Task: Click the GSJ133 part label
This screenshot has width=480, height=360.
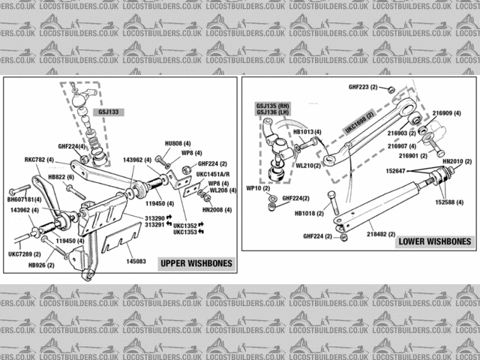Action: tap(108, 112)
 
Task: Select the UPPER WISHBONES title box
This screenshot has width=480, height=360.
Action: tap(195, 263)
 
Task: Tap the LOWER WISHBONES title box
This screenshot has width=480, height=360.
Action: tap(435, 241)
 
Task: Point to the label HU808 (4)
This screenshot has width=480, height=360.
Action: tap(178, 143)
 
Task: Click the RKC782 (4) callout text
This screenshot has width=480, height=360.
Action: tap(39, 160)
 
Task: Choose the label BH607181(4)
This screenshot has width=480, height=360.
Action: tap(25, 200)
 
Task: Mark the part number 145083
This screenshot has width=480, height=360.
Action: tap(136, 261)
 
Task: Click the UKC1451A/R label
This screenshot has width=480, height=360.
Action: tap(213, 174)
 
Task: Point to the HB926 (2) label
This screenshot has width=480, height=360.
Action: tap(41, 265)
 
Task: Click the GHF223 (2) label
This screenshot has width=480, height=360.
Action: tap(363, 87)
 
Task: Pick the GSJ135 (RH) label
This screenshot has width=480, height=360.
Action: tap(272, 106)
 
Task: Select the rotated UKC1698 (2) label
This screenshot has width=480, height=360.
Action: tap(358, 121)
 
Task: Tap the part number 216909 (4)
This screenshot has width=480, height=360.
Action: tap(447, 113)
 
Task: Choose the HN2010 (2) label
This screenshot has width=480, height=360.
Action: tap(456, 161)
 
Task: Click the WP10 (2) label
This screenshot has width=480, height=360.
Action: tap(259, 187)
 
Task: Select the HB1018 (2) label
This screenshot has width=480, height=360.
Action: tap(310, 213)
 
